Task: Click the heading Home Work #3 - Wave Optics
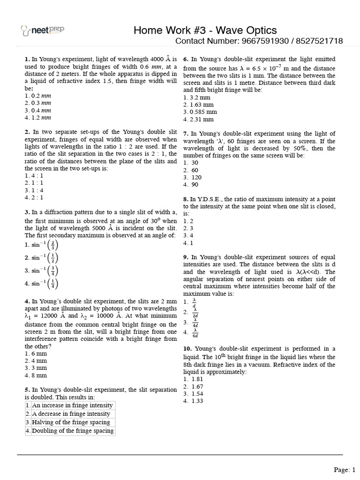coord(205,30)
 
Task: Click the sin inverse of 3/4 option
coord(42,270)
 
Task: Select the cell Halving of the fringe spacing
coord(70,422)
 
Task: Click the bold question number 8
coord(186,199)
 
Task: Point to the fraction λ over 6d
coord(195,333)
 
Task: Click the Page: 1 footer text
coord(345,469)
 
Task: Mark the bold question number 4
coord(27,301)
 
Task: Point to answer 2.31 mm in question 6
coord(197,119)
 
